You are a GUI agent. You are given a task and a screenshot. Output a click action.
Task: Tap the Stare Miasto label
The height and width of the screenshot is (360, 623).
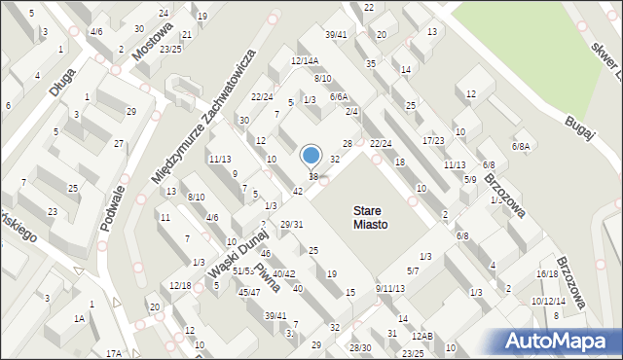click(370, 217)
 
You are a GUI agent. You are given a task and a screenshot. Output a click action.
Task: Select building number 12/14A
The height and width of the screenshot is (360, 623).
click(305, 60)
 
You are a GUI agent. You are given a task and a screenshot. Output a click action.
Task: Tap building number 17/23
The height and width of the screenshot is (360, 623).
click(433, 140)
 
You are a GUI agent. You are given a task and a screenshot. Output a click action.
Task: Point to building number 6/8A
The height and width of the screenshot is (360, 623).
click(523, 146)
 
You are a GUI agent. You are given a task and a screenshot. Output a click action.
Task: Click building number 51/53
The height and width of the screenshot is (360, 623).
click(242, 270)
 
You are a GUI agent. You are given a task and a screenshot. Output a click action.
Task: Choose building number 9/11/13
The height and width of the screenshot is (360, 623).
click(389, 288)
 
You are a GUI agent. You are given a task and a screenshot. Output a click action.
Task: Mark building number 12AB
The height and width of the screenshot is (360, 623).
click(421, 336)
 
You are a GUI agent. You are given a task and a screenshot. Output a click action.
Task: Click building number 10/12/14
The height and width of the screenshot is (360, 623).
click(548, 301)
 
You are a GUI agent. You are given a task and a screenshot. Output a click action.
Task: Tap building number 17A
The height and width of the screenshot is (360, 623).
click(114, 353)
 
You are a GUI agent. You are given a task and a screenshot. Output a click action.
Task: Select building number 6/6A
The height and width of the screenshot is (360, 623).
click(339, 96)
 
